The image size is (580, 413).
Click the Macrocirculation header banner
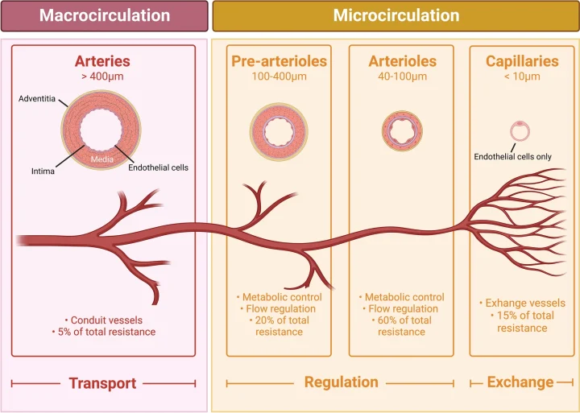105,16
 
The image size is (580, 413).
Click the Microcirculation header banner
396,16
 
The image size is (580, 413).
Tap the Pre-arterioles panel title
279,61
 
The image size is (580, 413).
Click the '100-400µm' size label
279,77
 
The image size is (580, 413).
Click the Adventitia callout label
38,98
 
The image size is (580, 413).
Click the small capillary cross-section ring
520,130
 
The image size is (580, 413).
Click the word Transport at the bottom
101,384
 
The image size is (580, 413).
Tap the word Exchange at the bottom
520,382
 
